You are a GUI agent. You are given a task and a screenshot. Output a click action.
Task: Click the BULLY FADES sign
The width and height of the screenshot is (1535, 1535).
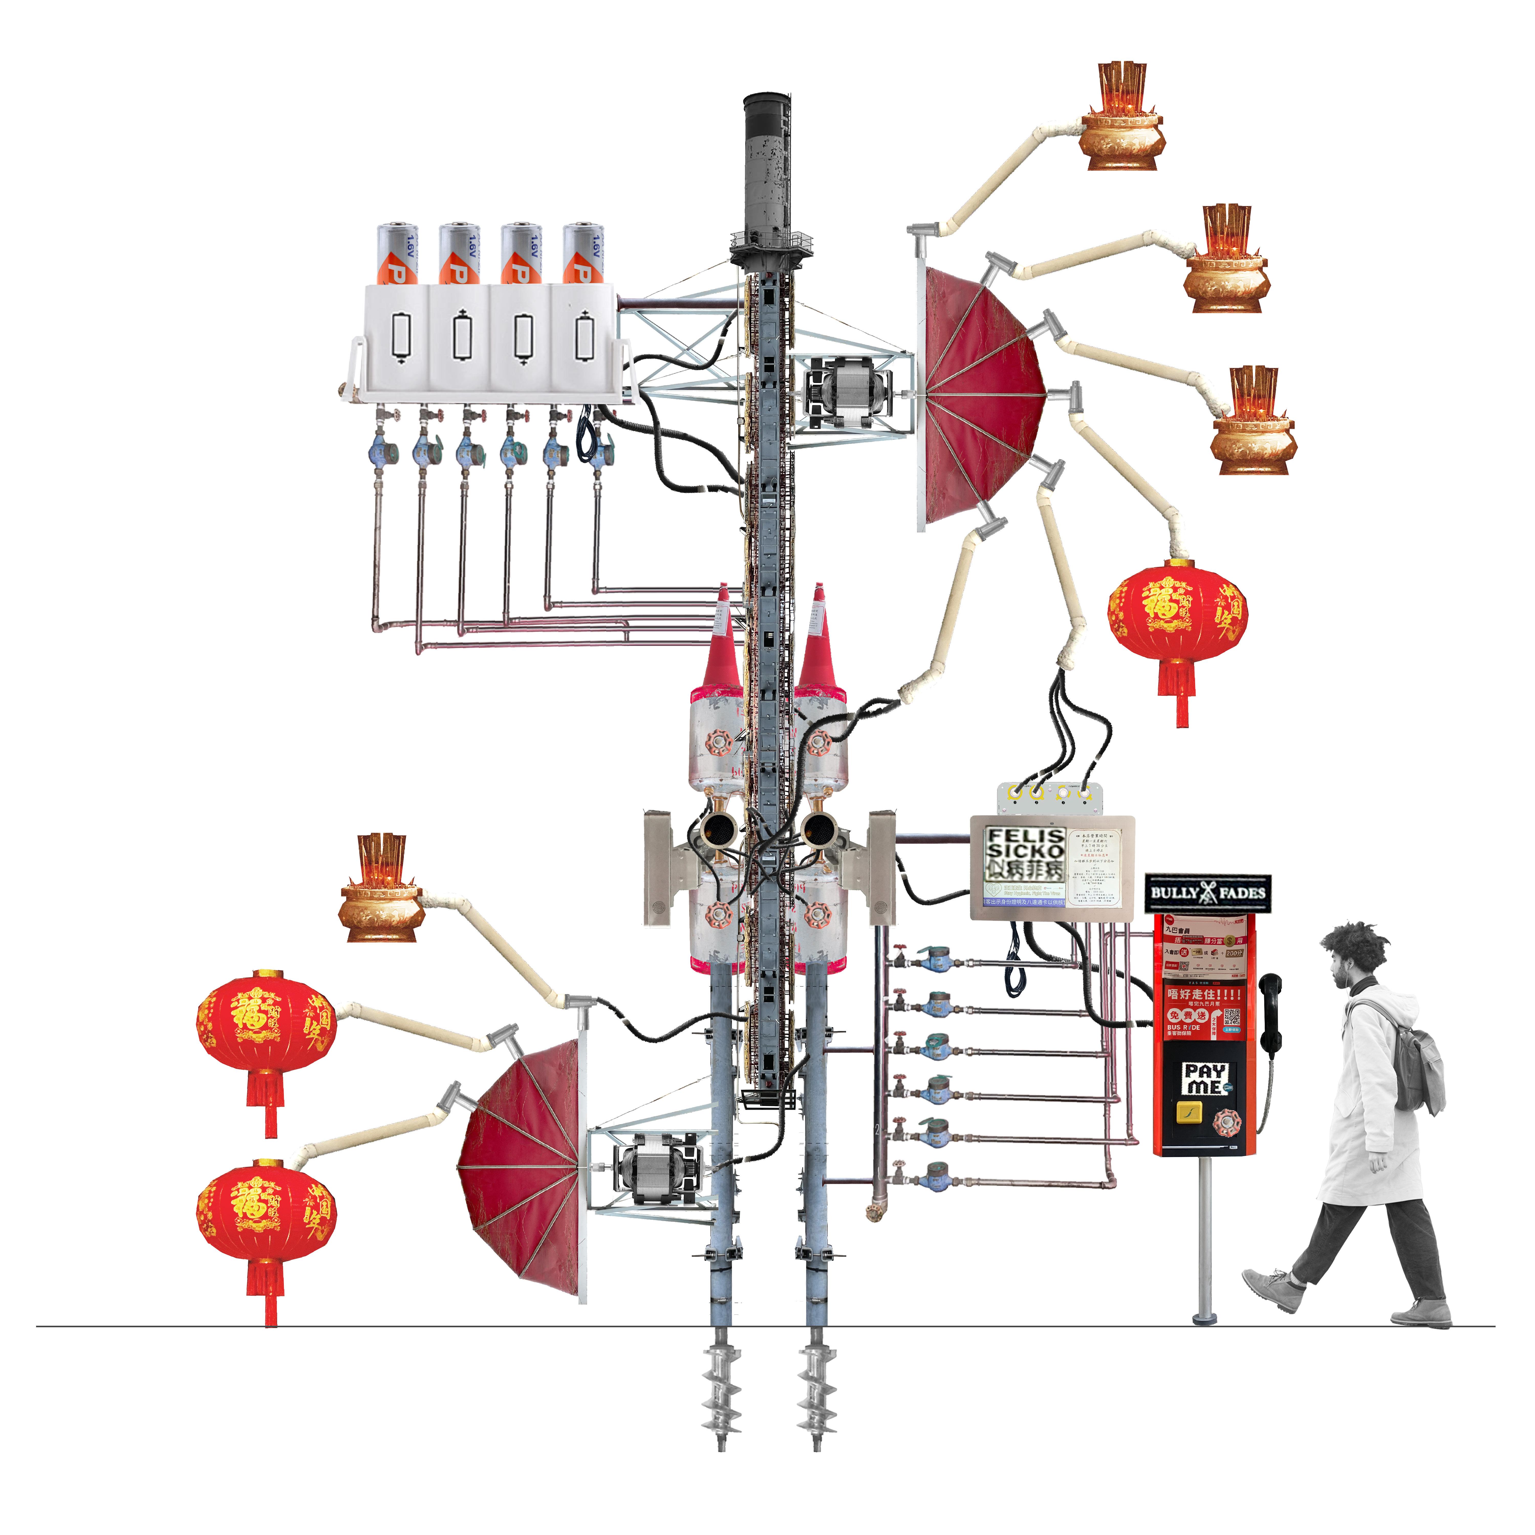coord(1207,892)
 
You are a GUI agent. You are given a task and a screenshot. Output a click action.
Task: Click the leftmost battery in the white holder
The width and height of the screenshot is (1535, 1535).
coord(397,254)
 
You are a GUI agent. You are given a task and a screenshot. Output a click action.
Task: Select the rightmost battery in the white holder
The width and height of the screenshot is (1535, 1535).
coord(583,254)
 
